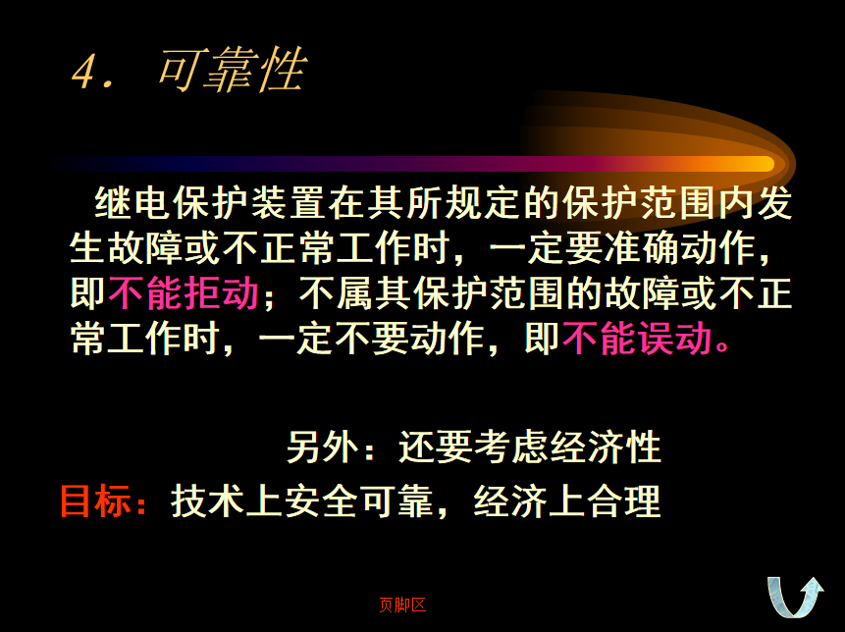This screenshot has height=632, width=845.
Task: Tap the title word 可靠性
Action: [x=233, y=69]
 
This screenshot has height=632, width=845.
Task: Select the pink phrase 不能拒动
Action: [x=184, y=293]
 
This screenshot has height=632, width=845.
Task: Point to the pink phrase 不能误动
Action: [x=637, y=339]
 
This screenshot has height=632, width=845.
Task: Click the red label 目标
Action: [x=96, y=501]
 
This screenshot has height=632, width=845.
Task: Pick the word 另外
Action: [x=322, y=447]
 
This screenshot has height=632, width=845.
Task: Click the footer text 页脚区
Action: [x=402, y=606]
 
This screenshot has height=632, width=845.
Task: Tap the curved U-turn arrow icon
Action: [x=795, y=597]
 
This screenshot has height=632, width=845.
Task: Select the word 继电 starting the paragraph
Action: [x=132, y=203]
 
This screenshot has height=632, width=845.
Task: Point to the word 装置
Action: [x=289, y=203]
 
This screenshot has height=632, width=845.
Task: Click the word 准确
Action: [x=641, y=248]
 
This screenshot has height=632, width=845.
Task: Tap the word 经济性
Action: [x=606, y=447]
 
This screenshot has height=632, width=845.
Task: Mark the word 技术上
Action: [x=227, y=501]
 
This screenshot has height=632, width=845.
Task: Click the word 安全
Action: [x=321, y=501]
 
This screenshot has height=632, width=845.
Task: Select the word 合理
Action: [x=624, y=501]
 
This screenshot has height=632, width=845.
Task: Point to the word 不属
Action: [x=337, y=293]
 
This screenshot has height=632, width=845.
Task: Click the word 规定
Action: [x=484, y=203]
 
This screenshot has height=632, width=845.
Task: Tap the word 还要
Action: [x=436, y=447]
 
